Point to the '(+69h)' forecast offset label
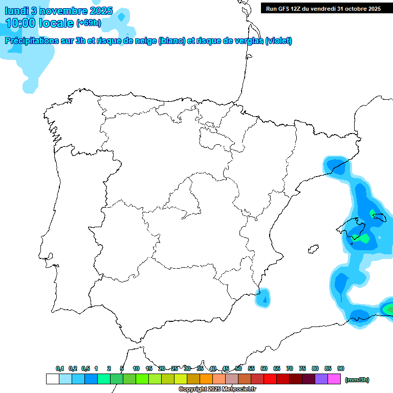(89, 23)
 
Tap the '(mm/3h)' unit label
(357, 380)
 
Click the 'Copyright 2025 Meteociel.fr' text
(217, 389)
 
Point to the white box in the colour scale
(52, 379)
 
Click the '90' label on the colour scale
(341, 368)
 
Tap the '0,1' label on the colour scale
(60, 368)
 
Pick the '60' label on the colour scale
(264, 368)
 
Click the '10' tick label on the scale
(136, 368)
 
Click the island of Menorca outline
(379, 217)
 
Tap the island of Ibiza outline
(311, 249)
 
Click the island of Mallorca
(355, 228)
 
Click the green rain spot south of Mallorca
(364, 238)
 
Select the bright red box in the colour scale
(270, 379)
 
